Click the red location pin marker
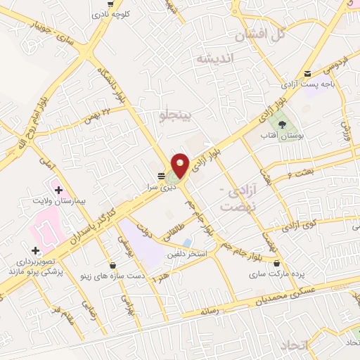point(181,164)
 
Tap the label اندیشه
point(214,58)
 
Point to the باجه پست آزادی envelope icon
point(307,75)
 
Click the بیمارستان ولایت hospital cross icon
point(58,190)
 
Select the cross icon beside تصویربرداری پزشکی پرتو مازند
point(35,250)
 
